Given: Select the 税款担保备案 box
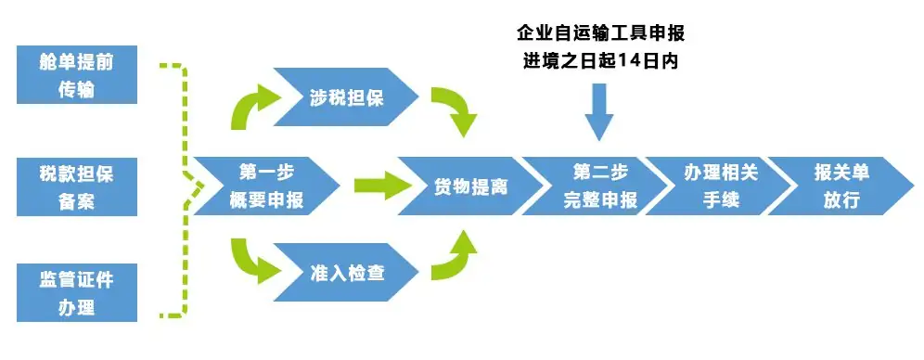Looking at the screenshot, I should [77, 186].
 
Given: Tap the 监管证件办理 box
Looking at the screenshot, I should [77, 292].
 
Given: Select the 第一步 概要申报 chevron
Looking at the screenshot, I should [264, 186].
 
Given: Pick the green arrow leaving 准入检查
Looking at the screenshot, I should [455, 255].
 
